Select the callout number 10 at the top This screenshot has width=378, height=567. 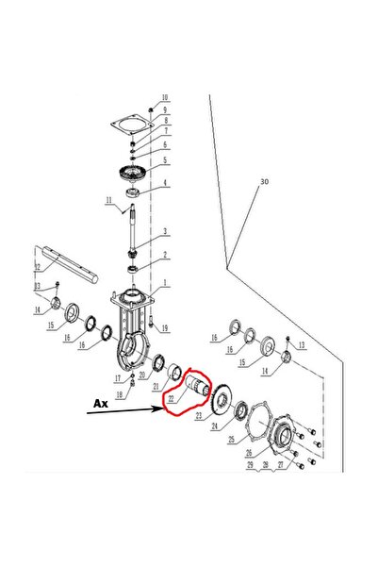pos(164,97)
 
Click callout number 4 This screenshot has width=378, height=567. pos(164,184)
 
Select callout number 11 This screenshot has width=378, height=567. pos(109,200)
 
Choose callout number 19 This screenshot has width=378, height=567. pos(164,328)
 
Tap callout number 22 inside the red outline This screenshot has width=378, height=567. pos(172,399)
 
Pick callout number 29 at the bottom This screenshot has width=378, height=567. pos(251,465)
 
